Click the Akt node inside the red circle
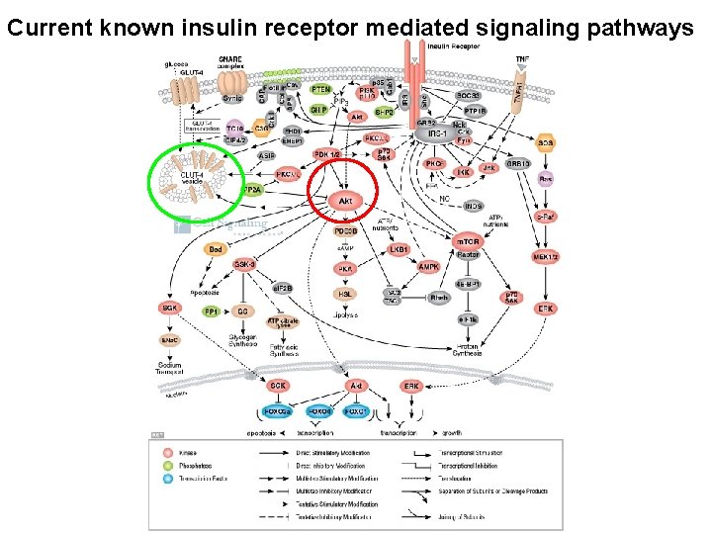point(345,202)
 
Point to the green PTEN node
point(321,90)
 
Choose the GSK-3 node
point(245,264)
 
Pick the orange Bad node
point(216,250)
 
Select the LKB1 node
point(399,251)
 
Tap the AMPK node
point(430,268)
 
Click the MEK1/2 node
point(546,257)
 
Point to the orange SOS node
point(545,143)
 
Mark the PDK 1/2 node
point(326,154)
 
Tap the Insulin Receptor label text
point(451,45)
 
